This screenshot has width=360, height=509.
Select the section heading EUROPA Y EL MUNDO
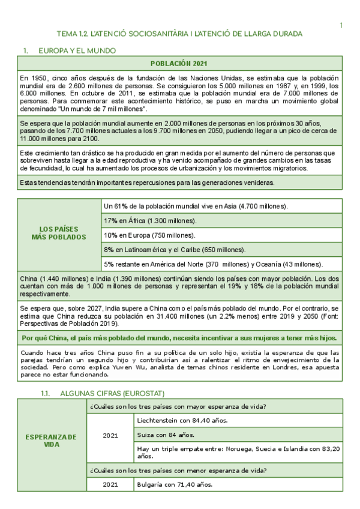pyautogui.click(x=77, y=51)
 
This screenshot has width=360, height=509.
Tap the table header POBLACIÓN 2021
pyautogui.click(x=179, y=64)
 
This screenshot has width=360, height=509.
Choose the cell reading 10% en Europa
pyautogui.click(x=144, y=235)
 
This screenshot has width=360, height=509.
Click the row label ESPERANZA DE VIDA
pyautogui.click(x=51, y=441)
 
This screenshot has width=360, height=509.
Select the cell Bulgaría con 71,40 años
pyautogui.click(x=175, y=484)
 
